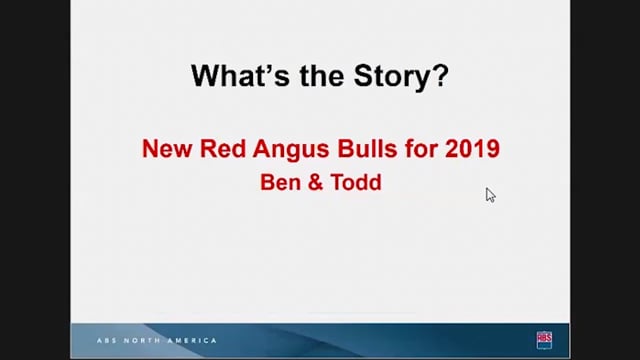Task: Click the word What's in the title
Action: [x=240, y=76]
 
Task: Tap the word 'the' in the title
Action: [x=322, y=76]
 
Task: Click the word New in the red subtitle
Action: [x=167, y=148]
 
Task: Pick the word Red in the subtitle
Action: [x=223, y=148]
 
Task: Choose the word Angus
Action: [x=291, y=150]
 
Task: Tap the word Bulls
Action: [x=367, y=148]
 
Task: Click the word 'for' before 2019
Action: [x=421, y=148]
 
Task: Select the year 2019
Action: [x=472, y=148]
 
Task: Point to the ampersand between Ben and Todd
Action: [x=315, y=182]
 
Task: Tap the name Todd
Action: [x=356, y=182]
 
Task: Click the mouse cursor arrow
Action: [x=490, y=195]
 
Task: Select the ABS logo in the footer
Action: [x=544, y=340]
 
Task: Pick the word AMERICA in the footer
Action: [x=192, y=340]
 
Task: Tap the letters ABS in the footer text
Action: [x=107, y=340]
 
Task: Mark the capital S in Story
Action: [x=364, y=76]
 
